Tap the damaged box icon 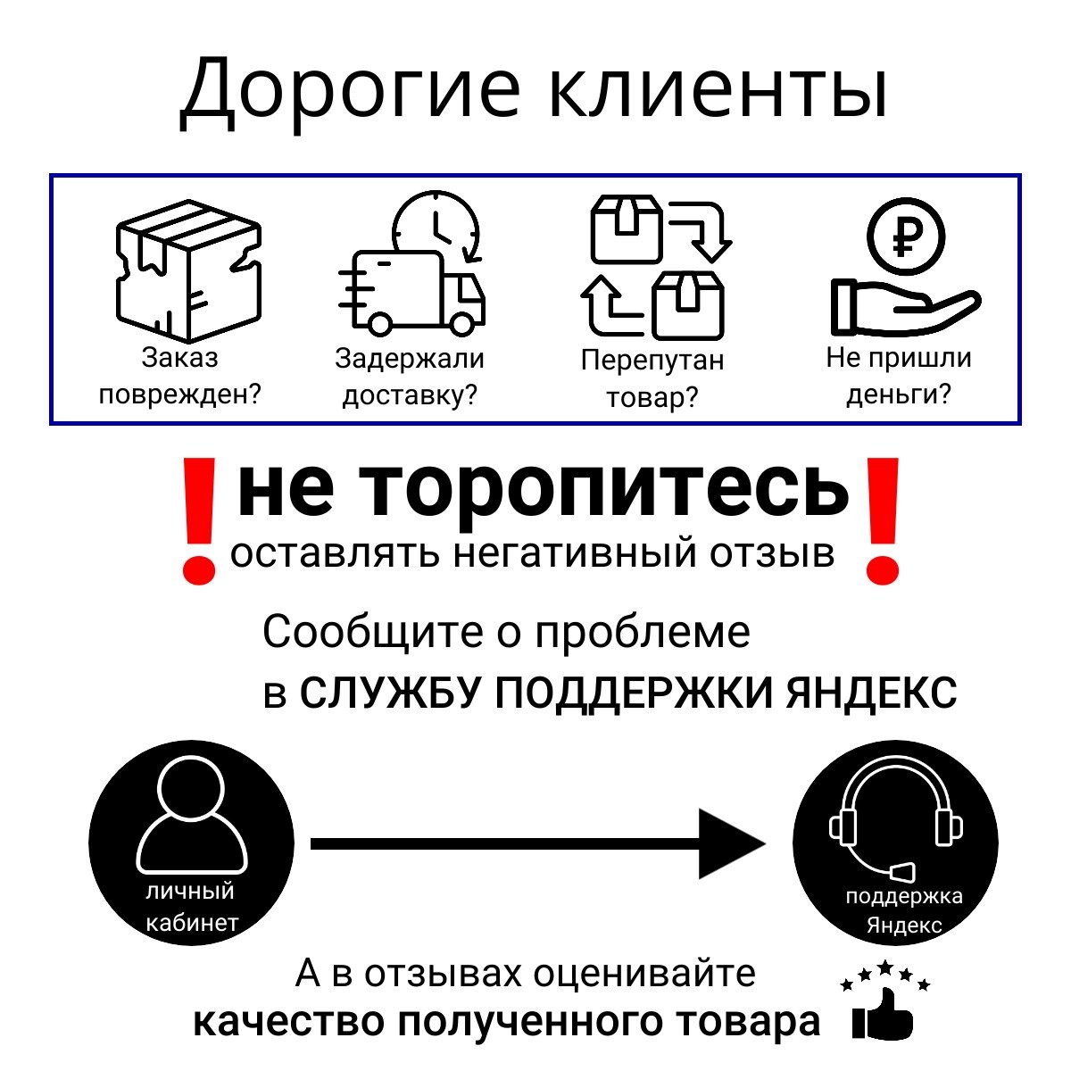[x=187, y=272]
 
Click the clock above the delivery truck [x=436, y=228]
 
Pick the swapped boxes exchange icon [x=657, y=268]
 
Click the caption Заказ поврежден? [x=179, y=376]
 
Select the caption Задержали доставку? [x=410, y=376]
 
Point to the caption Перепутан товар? [x=652, y=378]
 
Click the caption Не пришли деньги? [x=899, y=376]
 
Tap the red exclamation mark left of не [x=199, y=520]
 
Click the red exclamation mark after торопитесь [x=882, y=520]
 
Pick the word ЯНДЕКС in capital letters [x=871, y=693]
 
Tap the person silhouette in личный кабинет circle [x=191, y=817]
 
